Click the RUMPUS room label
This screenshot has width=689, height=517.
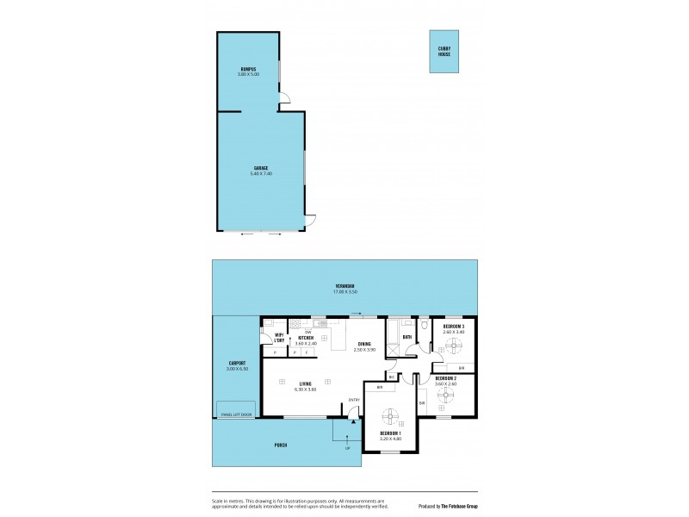pyautogui.click(x=248, y=68)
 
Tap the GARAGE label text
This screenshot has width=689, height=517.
pyautogui.click(x=261, y=167)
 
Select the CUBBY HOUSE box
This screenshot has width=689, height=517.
pyautogui.click(x=444, y=51)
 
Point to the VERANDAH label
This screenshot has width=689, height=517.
pyautogui.click(x=346, y=286)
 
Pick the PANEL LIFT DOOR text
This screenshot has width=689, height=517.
pyautogui.click(x=235, y=414)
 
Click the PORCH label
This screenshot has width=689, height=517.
pyautogui.click(x=280, y=445)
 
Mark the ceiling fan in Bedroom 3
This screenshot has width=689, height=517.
pyautogui.click(x=454, y=344)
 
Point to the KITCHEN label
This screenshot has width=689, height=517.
pyautogui.click(x=306, y=338)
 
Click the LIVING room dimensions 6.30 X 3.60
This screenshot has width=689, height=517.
pyautogui.click(x=305, y=389)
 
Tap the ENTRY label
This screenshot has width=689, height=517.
pyautogui.click(x=353, y=399)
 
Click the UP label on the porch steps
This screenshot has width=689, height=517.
pyautogui.click(x=347, y=449)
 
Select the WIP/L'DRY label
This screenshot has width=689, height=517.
pyautogui.click(x=279, y=339)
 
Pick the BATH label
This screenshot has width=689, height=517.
pyautogui.click(x=407, y=337)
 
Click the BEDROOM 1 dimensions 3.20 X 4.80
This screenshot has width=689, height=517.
pyautogui.click(x=390, y=439)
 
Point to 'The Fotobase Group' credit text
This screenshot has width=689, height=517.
pyautogui.click(x=460, y=506)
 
